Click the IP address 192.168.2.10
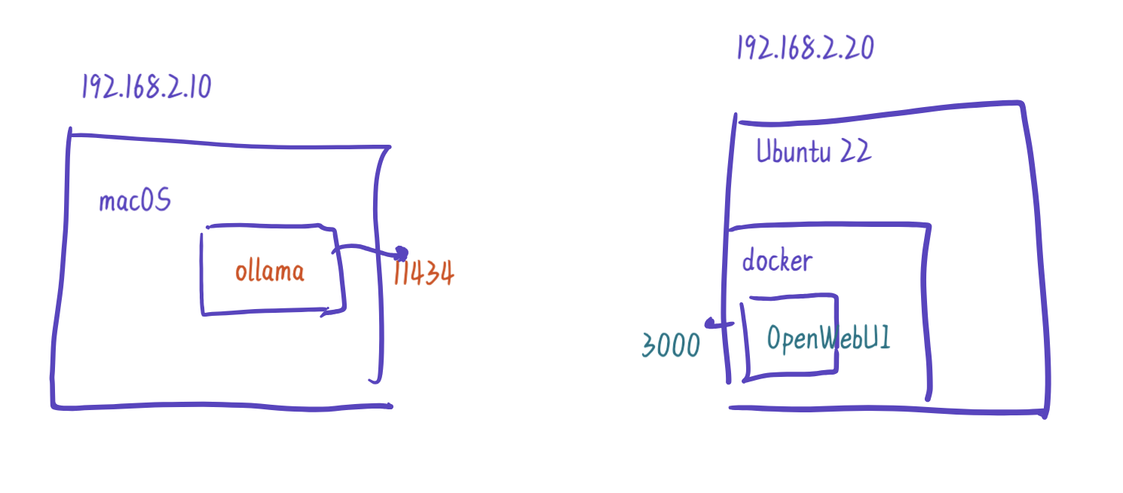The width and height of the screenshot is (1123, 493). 146,87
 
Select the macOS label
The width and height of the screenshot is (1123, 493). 135,201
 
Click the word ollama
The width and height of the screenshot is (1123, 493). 270,271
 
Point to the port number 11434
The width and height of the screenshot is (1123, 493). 424,274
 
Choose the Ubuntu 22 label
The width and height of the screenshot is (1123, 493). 813,152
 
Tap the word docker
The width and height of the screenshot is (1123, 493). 777,261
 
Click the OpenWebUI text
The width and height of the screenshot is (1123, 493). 828,338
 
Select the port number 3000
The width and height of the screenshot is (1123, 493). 671,345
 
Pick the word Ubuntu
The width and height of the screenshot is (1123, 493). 793,152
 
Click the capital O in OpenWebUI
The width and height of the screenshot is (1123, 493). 776,338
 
